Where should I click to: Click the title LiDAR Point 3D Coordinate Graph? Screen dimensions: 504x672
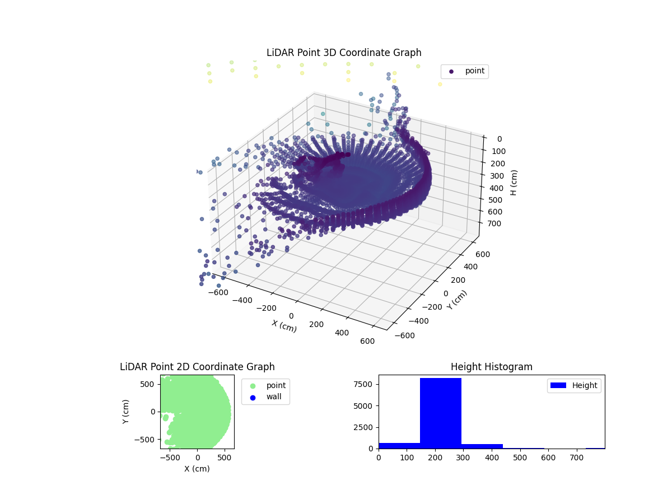tap(344, 53)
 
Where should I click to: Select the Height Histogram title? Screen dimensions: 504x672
tap(491, 367)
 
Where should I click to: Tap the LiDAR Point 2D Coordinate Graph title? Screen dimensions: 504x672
tap(197, 367)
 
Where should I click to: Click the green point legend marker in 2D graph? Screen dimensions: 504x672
tap(253, 385)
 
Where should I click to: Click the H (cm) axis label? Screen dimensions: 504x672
tap(514, 183)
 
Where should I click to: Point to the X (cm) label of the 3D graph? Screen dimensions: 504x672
tap(284, 326)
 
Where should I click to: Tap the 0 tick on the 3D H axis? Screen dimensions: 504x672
tap(499, 139)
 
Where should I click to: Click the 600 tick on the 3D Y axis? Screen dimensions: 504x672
tap(483, 254)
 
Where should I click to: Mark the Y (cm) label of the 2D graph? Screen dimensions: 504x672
tap(127, 412)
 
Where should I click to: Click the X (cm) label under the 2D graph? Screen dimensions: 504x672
tap(197, 469)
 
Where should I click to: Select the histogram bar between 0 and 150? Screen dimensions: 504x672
tap(399, 445)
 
